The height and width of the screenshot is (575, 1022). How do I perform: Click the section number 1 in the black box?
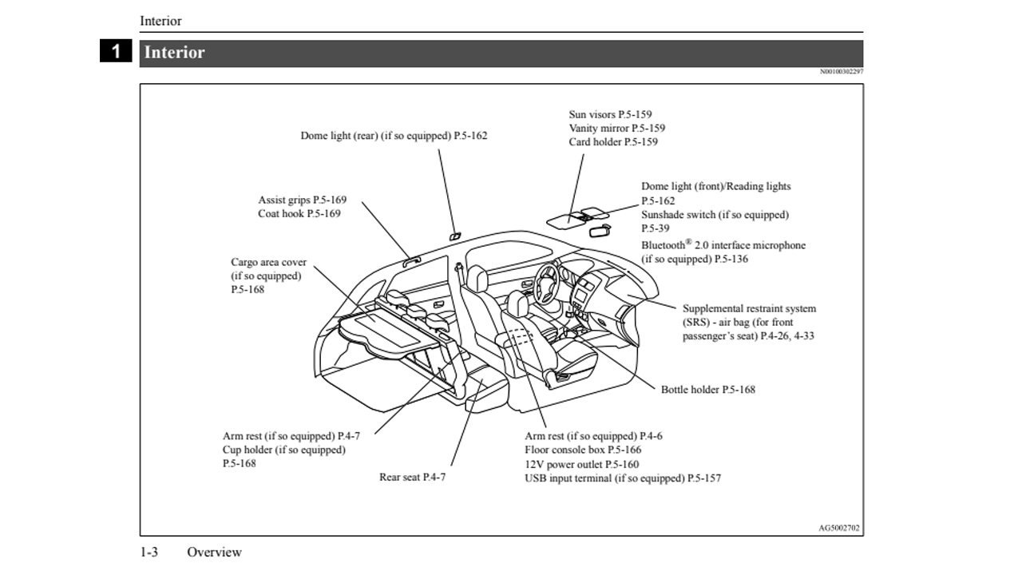point(116,52)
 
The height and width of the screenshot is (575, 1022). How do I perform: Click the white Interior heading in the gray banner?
point(174,53)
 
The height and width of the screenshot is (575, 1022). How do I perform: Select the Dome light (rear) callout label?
point(394,136)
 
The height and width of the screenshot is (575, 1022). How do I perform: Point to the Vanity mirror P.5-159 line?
point(616,128)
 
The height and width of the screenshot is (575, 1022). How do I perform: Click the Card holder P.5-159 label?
point(613,142)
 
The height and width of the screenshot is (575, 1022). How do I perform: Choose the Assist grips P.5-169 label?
point(302,200)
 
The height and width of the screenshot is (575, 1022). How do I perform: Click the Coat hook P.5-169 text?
point(299,214)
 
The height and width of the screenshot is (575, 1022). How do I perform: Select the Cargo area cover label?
point(268,262)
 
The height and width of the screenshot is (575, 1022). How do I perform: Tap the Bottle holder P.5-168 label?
point(707,390)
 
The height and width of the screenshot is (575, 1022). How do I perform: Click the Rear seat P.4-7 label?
point(412,478)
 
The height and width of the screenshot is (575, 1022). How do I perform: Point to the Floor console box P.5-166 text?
point(582,450)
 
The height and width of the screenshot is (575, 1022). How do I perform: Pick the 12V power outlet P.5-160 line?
point(581,464)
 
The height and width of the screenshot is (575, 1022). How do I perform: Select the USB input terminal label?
point(623,478)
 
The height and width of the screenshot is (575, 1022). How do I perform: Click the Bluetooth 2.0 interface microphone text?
point(723,245)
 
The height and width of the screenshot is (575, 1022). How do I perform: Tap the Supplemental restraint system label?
point(749,308)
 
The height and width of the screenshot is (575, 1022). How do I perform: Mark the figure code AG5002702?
point(840,528)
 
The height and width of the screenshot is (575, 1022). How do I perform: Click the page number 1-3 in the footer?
point(149,552)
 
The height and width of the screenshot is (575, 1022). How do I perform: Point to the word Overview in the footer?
point(214,552)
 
